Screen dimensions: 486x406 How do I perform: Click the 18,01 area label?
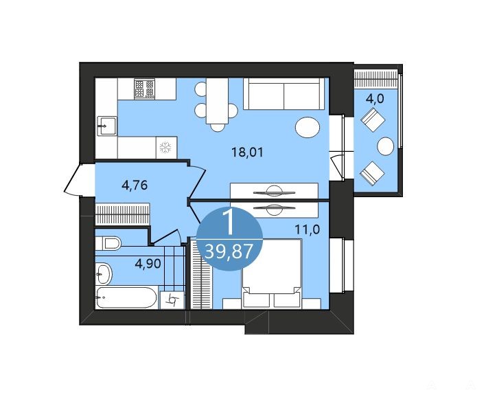pyautogui.click(x=247, y=153)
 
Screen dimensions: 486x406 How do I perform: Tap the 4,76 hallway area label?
pyautogui.click(x=135, y=185)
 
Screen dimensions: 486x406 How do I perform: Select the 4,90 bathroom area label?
pyautogui.click(x=148, y=264)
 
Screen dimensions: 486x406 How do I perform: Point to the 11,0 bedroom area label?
pyautogui.click(x=307, y=230)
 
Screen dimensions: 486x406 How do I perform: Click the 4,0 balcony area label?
pyautogui.click(x=375, y=99)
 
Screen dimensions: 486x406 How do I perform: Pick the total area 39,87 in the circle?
pyautogui.click(x=229, y=251)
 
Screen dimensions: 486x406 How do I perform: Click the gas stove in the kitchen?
pyautogui.click(x=144, y=89)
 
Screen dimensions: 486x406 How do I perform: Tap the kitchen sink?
pyautogui.click(x=107, y=126)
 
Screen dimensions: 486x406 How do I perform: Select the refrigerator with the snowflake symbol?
pyautogui.click(x=166, y=147)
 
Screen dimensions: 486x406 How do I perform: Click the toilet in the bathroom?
pyautogui.click(x=108, y=243)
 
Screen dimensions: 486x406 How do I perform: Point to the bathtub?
pyautogui.click(x=126, y=297)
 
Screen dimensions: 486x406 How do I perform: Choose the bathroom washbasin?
pyautogui.click(x=103, y=273)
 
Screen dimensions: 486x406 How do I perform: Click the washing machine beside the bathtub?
pyautogui.click(x=172, y=300)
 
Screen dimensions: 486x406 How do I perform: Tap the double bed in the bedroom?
pyautogui.click(x=272, y=273)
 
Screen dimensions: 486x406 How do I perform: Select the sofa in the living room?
pyautogui.click(x=283, y=93)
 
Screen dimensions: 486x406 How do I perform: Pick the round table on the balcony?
pyautogui.click(x=386, y=146)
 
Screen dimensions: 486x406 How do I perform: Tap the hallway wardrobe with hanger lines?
pyautogui.click(x=122, y=214)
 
